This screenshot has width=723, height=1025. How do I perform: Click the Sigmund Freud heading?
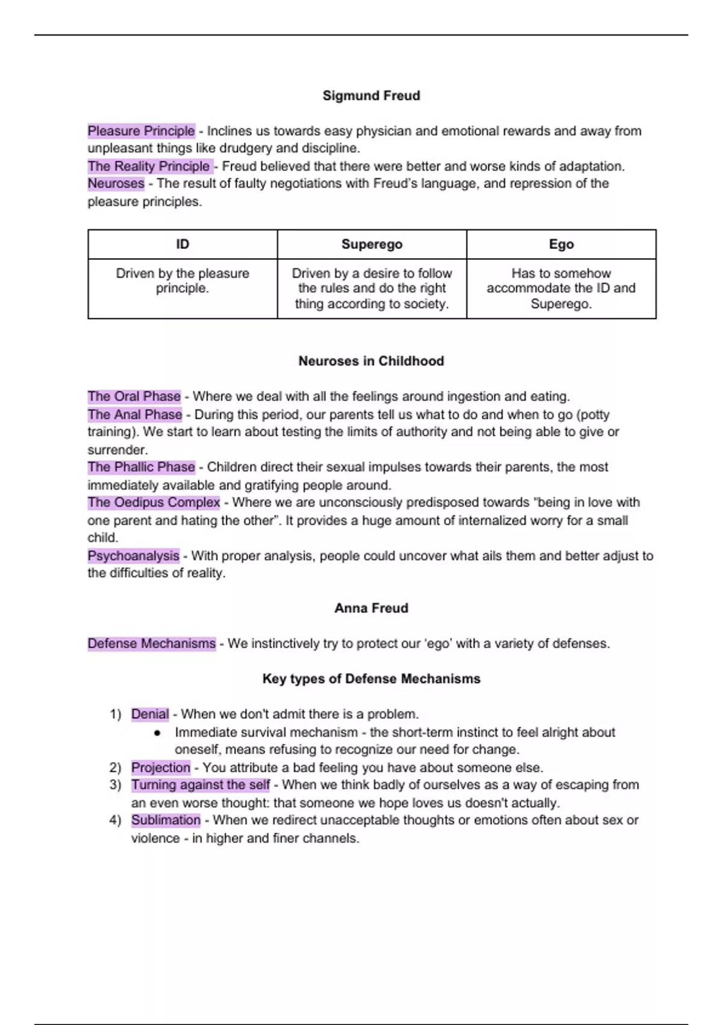371,95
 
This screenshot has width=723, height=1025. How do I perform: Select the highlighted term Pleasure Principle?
141,131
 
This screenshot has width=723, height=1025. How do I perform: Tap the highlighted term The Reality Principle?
149,166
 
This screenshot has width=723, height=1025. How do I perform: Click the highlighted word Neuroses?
116,183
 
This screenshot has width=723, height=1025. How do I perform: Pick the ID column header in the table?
183,244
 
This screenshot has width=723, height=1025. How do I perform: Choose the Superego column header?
372,244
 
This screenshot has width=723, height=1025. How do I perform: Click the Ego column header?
561,244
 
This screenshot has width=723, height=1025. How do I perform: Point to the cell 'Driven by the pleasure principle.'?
183,281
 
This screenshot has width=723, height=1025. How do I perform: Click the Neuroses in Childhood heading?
371,361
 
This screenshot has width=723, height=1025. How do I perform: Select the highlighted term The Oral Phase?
134,396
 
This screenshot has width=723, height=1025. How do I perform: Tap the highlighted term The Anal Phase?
134,414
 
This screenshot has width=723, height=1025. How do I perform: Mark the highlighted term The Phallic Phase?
141,467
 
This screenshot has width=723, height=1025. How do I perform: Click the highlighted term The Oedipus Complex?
154,502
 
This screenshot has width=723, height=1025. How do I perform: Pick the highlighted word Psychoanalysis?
133,555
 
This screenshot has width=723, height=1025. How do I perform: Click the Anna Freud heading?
371,608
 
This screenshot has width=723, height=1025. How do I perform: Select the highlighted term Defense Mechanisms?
151,643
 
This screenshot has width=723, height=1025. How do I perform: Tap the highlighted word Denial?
150,714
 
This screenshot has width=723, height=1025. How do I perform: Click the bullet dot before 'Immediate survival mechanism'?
157,733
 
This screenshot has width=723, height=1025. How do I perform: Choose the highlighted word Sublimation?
166,820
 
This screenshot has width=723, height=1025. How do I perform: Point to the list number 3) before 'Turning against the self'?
115,785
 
